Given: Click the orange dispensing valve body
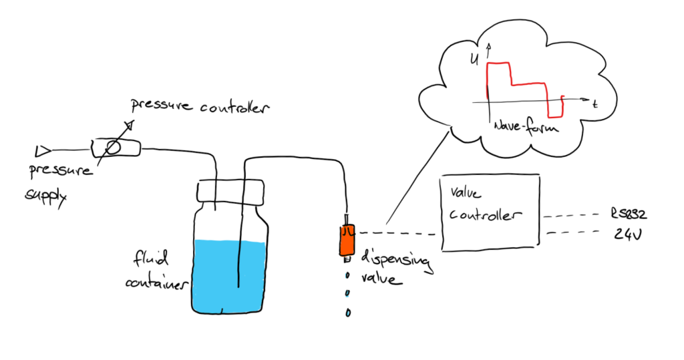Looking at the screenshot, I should coord(347,241).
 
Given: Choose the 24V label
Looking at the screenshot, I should coord(626,235).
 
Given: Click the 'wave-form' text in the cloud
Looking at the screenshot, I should coord(525,126).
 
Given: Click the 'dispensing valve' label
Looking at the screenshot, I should coord(394,268).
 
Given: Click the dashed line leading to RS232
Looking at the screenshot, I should coord(571,216).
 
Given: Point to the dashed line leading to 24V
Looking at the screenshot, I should coord(572,233).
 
